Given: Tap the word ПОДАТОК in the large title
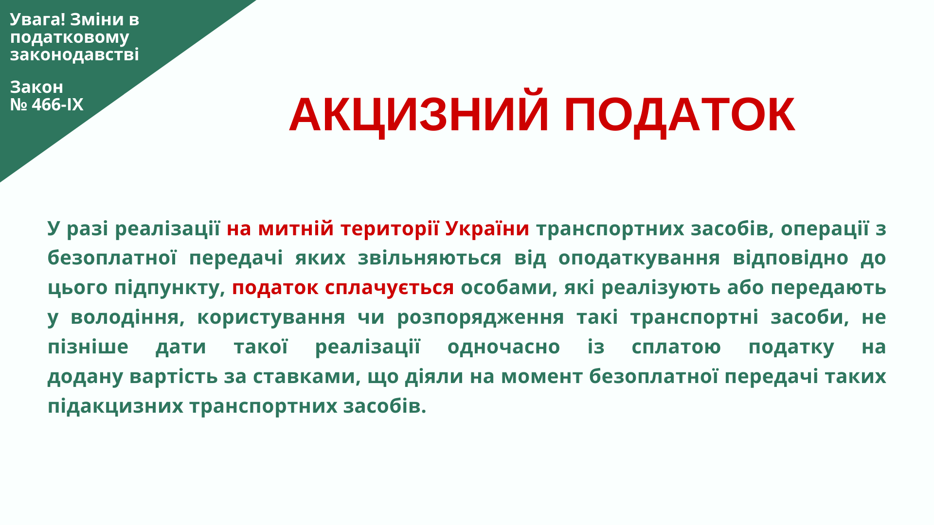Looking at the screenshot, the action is (680, 115).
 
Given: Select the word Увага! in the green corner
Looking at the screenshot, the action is (37, 19).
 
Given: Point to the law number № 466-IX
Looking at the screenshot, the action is (47, 105).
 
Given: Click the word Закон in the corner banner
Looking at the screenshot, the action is (36, 87).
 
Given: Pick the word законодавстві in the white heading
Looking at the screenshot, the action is (74, 54).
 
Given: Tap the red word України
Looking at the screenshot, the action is (487, 228).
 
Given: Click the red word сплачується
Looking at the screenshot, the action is (389, 288).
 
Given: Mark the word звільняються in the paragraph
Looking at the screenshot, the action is (430, 258).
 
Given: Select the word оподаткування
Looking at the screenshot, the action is (639, 259).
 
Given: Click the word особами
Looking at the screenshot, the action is (509, 288).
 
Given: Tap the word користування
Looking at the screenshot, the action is (271, 318).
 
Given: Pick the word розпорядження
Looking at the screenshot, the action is (481, 318).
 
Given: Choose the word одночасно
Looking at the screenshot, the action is (503, 347).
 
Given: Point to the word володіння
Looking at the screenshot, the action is (127, 318).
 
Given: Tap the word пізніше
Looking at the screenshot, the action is (88, 347).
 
